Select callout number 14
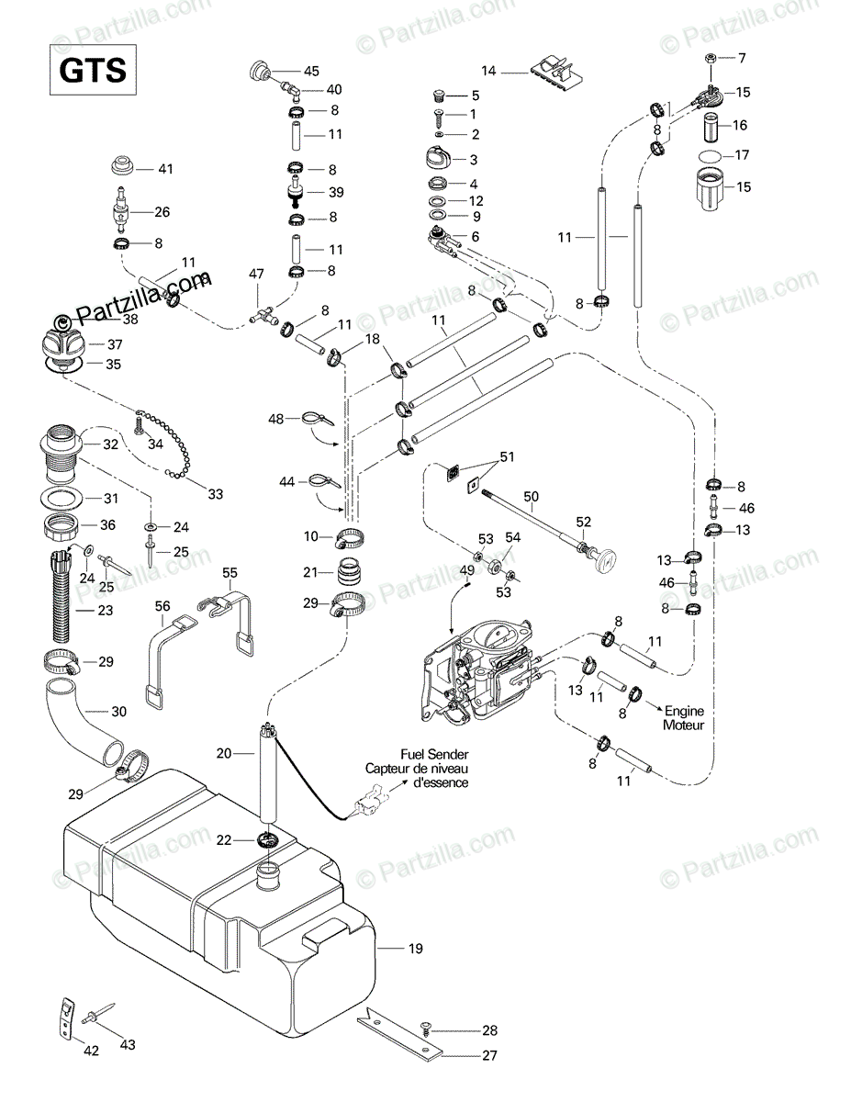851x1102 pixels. tap(488, 71)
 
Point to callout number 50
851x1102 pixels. tap(531, 496)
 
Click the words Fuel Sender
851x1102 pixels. tap(427, 754)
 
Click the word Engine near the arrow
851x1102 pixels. tap(683, 711)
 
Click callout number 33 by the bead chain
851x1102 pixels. tap(215, 494)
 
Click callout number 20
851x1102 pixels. tap(223, 753)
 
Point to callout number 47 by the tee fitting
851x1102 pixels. tap(256, 274)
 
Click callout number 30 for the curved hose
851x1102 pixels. tap(119, 711)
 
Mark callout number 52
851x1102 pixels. tap(583, 522)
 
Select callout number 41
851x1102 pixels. tap(165, 169)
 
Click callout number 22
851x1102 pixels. tap(224, 840)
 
